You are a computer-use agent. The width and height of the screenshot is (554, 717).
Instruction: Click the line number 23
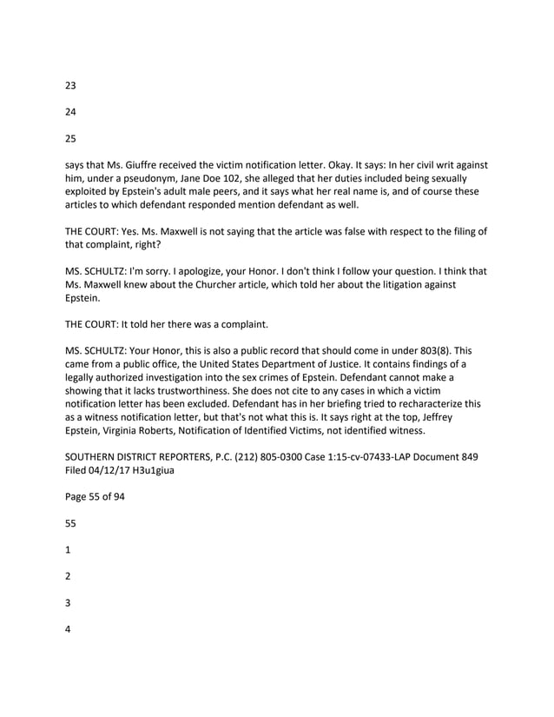click(71, 85)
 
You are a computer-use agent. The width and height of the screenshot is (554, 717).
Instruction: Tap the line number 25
click(71, 137)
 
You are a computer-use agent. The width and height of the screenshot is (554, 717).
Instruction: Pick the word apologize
click(199, 271)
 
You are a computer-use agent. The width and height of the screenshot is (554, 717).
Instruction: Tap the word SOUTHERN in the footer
click(95, 456)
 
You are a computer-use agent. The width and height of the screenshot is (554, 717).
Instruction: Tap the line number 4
click(69, 628)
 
